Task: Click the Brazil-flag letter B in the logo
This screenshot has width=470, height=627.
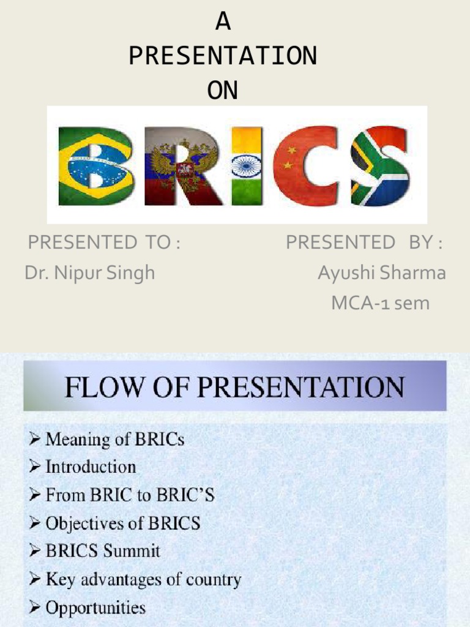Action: coord(96,166)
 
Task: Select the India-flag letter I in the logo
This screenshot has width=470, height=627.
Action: coord(247,166)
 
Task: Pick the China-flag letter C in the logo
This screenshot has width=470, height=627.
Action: coord(304,166)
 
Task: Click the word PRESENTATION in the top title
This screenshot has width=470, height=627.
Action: coord(223,56)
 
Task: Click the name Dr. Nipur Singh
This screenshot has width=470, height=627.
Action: coord(90,273)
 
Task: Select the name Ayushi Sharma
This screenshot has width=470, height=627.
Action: coord(381,273)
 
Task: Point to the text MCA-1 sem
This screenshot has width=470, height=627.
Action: coord(380,302)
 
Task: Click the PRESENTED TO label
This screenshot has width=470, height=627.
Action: coord(104,243)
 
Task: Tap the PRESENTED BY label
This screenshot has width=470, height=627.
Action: coord(365,243)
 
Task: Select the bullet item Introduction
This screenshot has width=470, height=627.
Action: coord(91,467)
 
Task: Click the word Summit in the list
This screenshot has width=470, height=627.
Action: coord(131,551)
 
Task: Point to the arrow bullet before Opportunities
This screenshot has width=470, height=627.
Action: coord(35,608)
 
